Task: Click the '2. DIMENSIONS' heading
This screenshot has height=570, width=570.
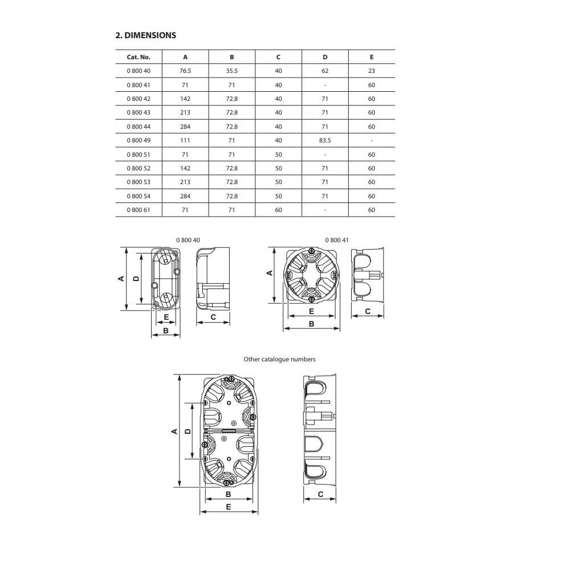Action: (x=146, y=35)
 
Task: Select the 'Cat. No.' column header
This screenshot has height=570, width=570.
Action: (x=139, y=57)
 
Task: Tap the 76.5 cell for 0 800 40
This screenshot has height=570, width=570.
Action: (x=185, y=71)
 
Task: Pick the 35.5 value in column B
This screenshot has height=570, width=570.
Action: (x=231, y=71)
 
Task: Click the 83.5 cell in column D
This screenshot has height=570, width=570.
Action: (x=325, y=140)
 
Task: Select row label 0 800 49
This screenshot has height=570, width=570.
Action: (x=139, y=140)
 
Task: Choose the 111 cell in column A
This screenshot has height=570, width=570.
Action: (x=185, y=140)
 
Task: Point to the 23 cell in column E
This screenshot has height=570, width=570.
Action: (x=372, y=71)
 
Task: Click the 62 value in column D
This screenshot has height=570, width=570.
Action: (x=325, y=71)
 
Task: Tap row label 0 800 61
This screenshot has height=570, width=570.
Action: (x=139, y=210)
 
